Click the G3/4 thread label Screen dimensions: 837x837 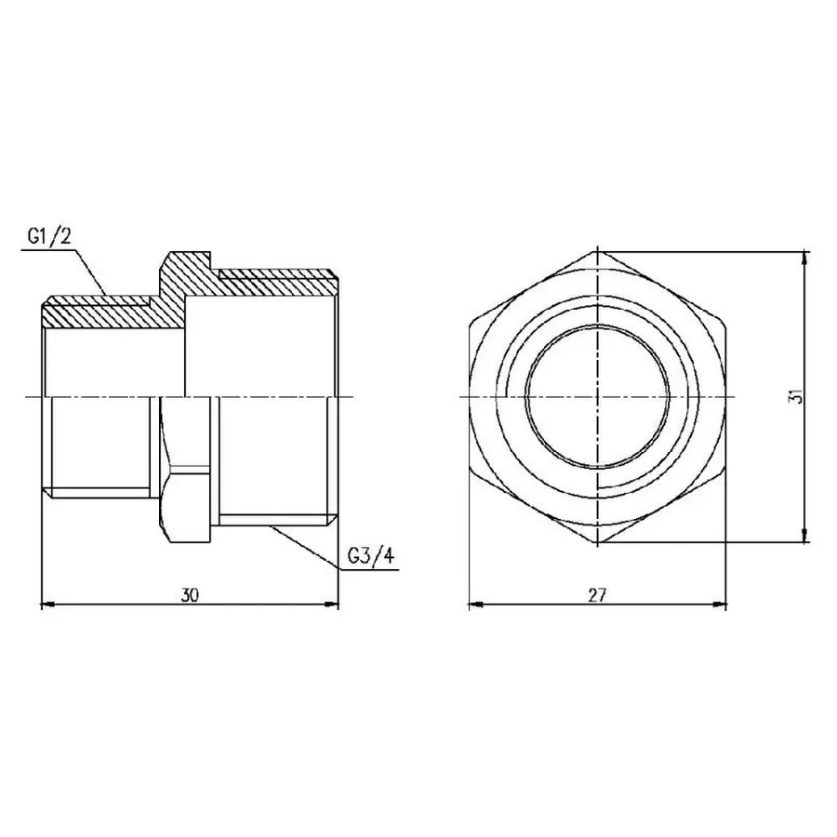coord(370,556)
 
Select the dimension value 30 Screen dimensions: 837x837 coord(191,595)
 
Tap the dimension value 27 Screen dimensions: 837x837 coord(596,595)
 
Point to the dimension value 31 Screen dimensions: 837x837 coord(792,396)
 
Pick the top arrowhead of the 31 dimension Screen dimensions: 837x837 coord(804,257)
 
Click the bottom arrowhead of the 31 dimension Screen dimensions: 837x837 coord(804,536)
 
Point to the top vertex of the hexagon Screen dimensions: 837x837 coord(596,251)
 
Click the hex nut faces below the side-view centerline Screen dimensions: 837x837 coord(186,465)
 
